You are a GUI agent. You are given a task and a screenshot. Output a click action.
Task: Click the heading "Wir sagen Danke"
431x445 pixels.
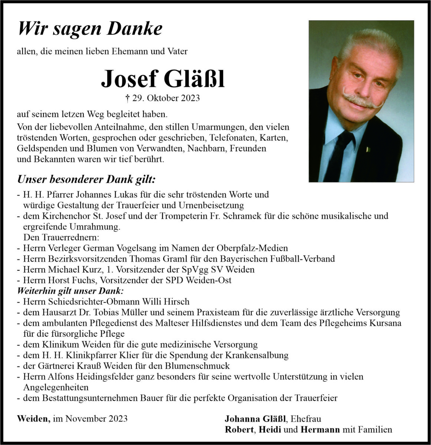pos(90,29)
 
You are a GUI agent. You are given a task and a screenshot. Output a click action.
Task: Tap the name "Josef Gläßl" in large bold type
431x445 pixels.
pos(163,79)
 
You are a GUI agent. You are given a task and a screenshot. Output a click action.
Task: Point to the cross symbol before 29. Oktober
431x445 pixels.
pos(128,98)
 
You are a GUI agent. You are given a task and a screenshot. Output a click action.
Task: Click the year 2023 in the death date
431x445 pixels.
pos(190,98)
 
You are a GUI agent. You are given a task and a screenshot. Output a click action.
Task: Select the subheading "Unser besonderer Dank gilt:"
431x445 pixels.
pos(86,180)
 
